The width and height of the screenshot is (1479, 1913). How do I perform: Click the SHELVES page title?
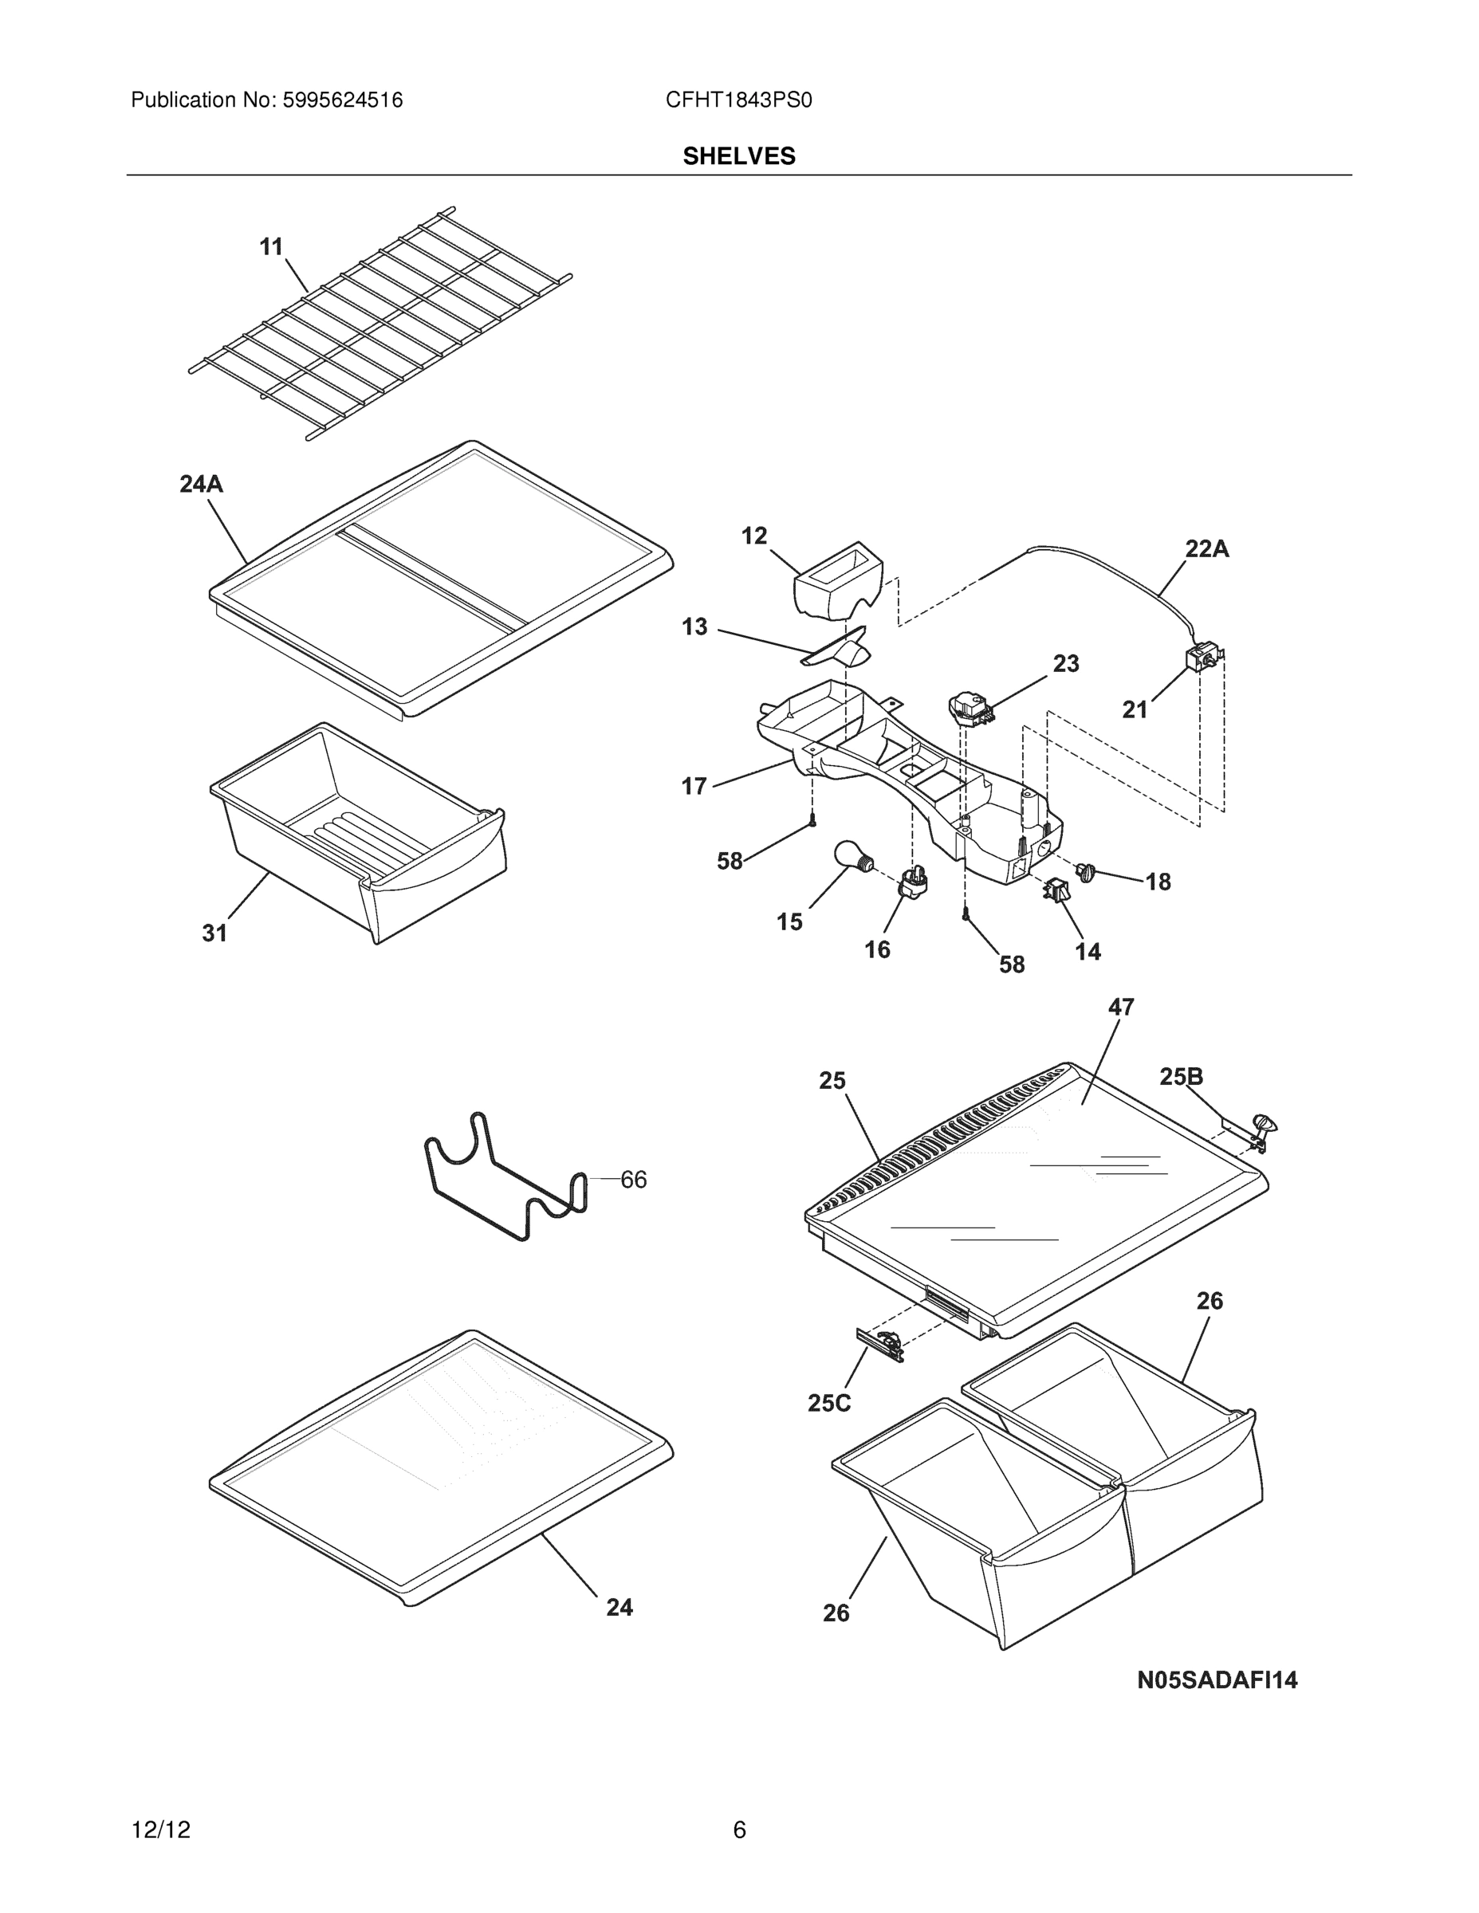(738, 156)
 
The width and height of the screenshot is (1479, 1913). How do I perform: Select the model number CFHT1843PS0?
(738, 100)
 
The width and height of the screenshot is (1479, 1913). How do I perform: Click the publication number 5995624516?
(342, 100)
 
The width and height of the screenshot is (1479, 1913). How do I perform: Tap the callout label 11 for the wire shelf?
(271, 247)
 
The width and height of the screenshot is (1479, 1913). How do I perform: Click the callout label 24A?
(201, 484)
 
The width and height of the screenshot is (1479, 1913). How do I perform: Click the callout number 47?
(1121, 1008)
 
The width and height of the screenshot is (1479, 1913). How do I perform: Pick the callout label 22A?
(1206, 549)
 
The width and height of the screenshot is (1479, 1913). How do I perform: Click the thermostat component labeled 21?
(1201, 658)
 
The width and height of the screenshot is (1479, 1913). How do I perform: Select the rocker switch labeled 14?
(1055, 891)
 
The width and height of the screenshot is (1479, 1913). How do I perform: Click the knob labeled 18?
(1087, 870)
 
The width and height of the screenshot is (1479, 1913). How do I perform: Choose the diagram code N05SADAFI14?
(1216, 1680)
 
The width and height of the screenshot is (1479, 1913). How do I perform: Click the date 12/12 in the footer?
(160, 1830)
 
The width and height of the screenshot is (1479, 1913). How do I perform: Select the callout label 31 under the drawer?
(214, 933)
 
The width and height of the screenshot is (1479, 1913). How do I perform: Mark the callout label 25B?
(1180, 1077)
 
